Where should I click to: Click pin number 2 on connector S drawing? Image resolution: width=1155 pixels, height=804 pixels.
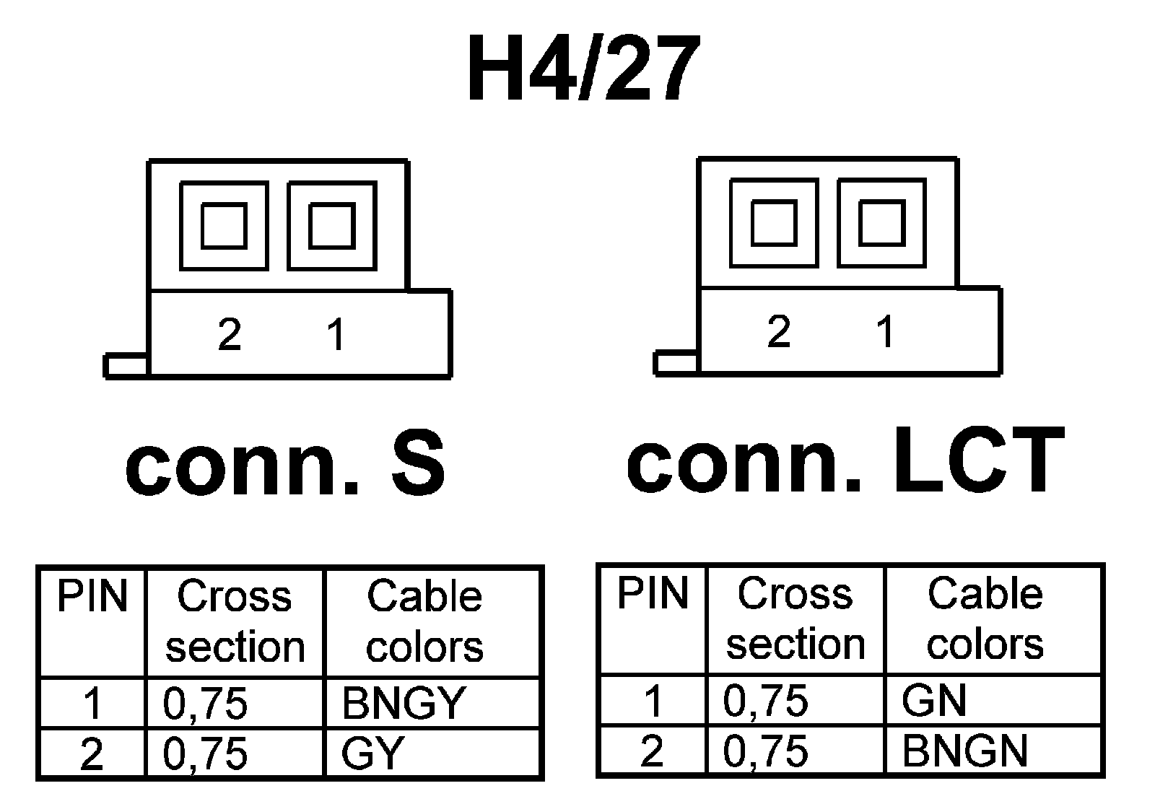(230, 335)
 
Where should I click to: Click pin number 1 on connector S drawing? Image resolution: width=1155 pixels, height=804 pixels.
(336, 335)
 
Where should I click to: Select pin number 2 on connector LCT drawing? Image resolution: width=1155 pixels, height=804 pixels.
(779, 332)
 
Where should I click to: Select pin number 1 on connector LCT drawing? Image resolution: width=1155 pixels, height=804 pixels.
(885, 332)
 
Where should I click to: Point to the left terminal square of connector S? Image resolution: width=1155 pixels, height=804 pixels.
(224, 226)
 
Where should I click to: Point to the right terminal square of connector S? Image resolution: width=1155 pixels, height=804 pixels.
(331, 226)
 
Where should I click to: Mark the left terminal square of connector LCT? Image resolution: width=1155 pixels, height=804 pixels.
(774, 223)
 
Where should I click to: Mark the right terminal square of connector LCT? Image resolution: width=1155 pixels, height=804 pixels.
(881, 223)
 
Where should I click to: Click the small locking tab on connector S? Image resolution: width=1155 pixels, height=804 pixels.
(126, 366)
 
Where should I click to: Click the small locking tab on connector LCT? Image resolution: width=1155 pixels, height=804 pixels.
(676, 363)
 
